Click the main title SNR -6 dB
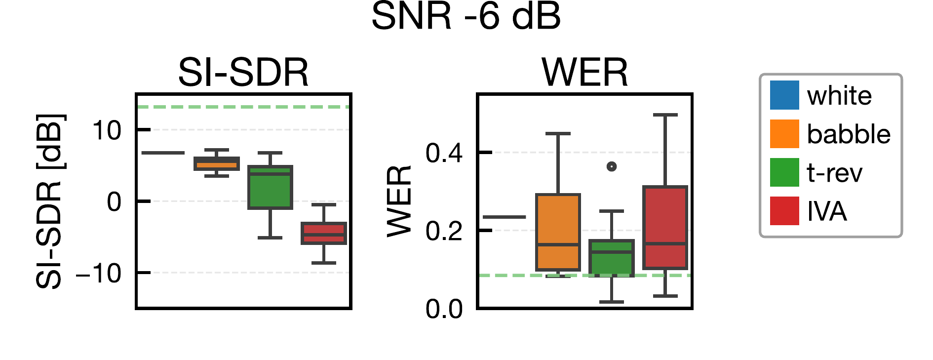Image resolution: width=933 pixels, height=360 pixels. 466,17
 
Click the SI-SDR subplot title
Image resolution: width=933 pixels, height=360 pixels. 243,73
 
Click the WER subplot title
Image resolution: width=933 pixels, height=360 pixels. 584,73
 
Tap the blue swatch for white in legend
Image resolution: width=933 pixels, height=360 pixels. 784,95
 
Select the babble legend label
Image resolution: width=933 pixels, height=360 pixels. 848,134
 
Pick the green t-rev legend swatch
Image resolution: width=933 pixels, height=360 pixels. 784,172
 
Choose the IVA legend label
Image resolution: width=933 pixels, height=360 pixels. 827,211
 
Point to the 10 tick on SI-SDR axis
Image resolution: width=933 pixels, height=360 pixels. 107,131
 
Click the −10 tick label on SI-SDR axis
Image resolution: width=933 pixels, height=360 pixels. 99,273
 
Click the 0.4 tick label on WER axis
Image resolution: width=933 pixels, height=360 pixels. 444,153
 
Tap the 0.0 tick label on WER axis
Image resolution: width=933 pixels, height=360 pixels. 444,309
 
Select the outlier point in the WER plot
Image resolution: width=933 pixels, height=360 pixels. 612,166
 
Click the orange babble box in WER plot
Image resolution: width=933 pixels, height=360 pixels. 558,232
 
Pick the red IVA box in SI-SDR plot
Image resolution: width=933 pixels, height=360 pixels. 324,233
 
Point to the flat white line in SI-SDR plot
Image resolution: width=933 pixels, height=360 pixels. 163,153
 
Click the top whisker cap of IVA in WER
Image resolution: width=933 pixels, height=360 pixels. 665,115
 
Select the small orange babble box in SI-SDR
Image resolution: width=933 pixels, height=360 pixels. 216,163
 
